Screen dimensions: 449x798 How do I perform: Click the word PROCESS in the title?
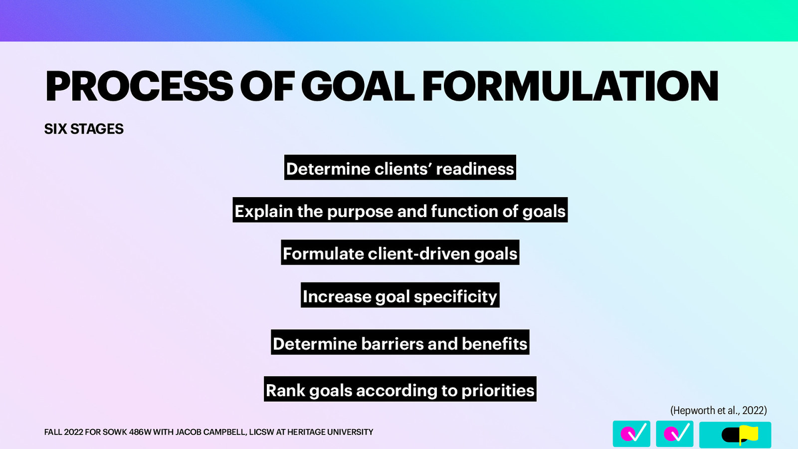tap(139, 86)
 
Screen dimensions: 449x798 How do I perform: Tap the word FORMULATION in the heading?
tap(570, 86)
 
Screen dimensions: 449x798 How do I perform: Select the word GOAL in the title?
tap(357, 86)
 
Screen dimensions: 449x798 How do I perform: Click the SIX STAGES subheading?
tap(84, 129)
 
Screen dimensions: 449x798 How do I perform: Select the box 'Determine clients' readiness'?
tap(400, 168)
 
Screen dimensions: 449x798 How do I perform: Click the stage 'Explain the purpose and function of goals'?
tap(400, 211)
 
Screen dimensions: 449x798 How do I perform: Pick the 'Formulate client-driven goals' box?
tap(400, 253)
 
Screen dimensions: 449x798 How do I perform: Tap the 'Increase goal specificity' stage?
tap(400, 296)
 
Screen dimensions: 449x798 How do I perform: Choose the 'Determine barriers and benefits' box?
tap(400, 343)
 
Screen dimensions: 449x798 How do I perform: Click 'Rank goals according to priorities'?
tap(400, 390)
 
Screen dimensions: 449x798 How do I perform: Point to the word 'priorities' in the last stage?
tap(498, 390)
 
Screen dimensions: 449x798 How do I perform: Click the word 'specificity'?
tap(455, 296)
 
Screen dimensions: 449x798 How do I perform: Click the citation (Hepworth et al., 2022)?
tap(718, 411)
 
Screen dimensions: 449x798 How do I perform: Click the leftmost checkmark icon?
tap(631, 434)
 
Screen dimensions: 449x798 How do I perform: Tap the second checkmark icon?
tap(674, 434)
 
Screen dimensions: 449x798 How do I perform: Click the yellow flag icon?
tap(748, 434)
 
